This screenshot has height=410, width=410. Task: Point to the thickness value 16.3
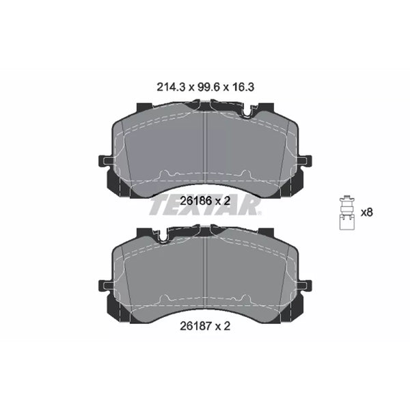point(244,87)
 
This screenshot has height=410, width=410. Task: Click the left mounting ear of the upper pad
point(106,161)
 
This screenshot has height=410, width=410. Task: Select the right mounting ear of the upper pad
point(304,161)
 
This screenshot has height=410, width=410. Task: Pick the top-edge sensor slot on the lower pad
point(164,236)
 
